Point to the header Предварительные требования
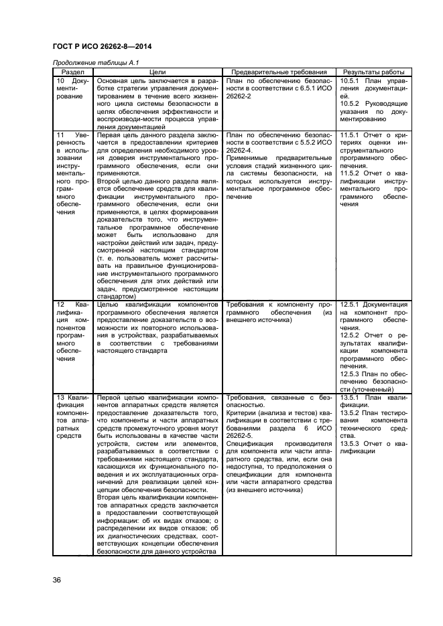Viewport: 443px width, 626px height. (279, 71)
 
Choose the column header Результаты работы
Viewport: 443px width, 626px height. (374, 71)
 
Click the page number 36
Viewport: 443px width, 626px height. (57, 579)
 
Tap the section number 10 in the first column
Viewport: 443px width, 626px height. (60, 80)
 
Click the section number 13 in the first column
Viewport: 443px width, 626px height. (60, 397)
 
